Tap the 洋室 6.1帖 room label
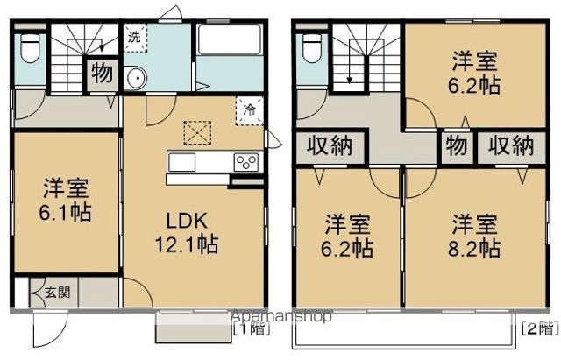point(67,200)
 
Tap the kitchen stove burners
point(245,162)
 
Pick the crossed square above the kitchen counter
point(197,132)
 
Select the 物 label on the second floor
point(455,145)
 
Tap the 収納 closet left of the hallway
point(329,145)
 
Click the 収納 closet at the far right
point(511,145)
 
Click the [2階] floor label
point(539,330)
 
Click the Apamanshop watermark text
point(280,316)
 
